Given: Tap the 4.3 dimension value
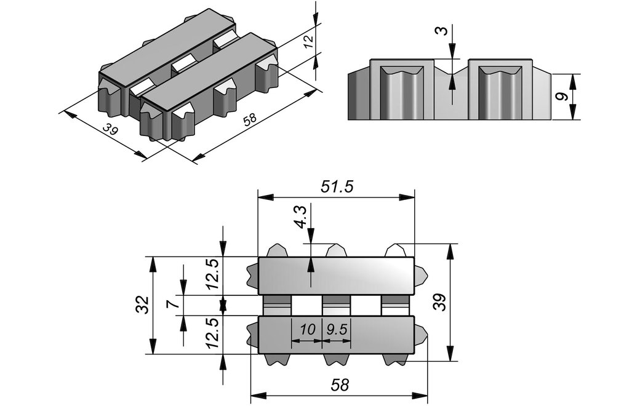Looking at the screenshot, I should click(301, 217).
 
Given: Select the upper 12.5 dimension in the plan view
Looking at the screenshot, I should click(213, 274).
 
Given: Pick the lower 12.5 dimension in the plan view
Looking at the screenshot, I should click(213, 336).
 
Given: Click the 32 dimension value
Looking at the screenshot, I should click(142, 305).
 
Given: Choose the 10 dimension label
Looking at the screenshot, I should click(307, 330).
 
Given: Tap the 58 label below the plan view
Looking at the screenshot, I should click(339, 385).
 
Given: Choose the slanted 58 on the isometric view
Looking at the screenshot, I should click(250, 121).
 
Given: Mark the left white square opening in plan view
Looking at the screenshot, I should click(306, 305).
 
